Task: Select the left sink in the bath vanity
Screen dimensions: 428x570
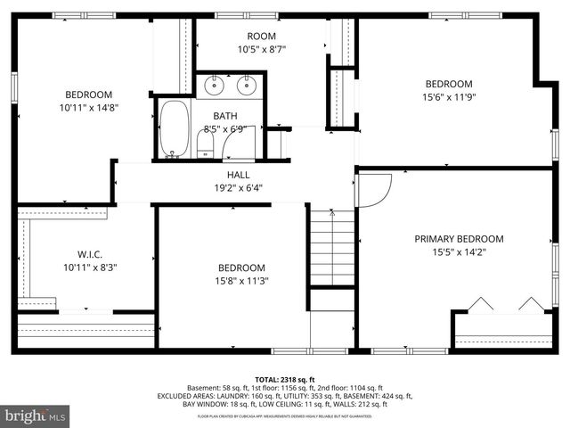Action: coord(215,86)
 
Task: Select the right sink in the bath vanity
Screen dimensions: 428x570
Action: coord(248,86)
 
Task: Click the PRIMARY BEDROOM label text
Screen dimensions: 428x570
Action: coord(459,239)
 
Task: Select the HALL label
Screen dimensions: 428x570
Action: coord(238,175)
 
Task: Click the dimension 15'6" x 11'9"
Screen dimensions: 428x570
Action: coord(448,97)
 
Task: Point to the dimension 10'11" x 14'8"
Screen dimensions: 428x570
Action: coord(88,108)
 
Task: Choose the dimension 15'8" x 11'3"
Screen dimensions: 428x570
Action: coord(241,281)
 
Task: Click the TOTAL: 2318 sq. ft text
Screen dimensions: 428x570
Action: coord(285,380)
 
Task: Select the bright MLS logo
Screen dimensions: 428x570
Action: coord(36,416)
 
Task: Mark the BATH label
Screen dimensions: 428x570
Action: coord(224,116)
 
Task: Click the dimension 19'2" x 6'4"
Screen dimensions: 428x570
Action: coord(238,187)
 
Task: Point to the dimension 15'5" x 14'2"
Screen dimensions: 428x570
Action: coord(459,252)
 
